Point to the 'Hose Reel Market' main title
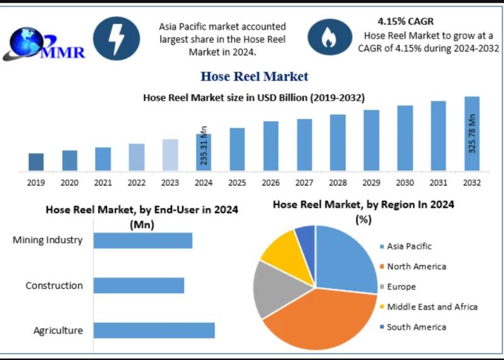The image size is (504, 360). tap(255, 76)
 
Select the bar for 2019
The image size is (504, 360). tap(36, 162)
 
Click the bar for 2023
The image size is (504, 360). tap(170, 155)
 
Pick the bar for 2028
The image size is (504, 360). tap(338, 142)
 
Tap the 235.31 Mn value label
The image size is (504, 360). tap(204, 146)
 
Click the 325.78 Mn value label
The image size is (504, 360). tap(472, 134)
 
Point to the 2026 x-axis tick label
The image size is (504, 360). tap(271, 183)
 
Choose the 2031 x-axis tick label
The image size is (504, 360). tap(438, 183)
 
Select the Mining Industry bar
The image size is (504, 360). tap(143, 240)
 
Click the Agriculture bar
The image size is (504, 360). tap(154, 330)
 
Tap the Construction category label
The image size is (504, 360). tap(54, 286)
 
